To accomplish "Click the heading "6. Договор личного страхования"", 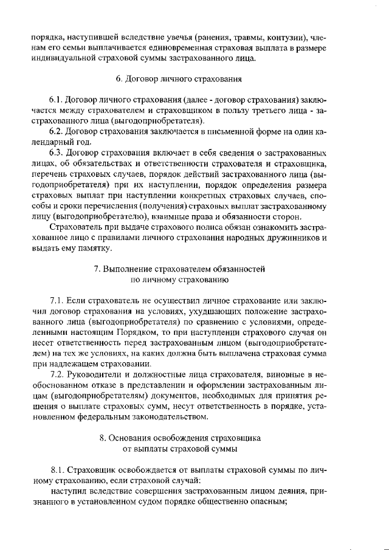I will click(179, 79).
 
